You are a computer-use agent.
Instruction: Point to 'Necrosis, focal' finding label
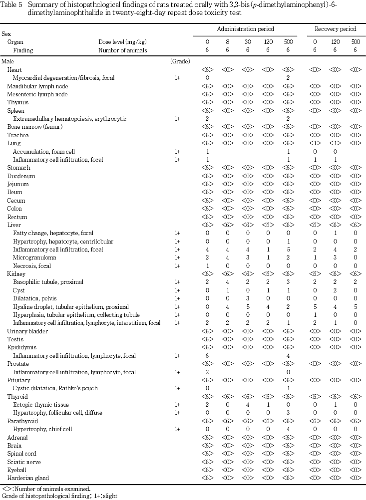[x=31, y=265]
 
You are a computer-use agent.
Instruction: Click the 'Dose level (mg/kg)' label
[x=122, y=42]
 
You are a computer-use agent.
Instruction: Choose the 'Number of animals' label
[x=120, y=50]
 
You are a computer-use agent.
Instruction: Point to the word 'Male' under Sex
[x=8, y=61]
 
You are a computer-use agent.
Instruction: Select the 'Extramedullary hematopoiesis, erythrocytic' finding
[x=69, y=119]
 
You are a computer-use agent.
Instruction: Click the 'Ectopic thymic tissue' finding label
[x=41, y=405]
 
